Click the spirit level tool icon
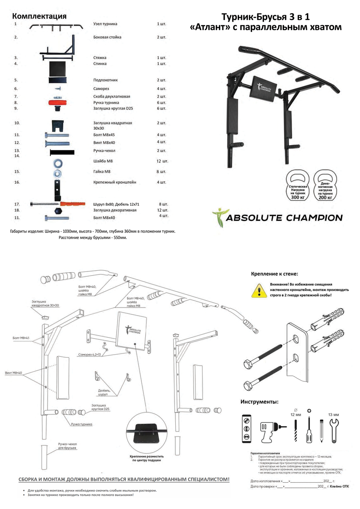[246, 428]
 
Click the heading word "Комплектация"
[39, 16]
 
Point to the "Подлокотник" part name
[105, 80]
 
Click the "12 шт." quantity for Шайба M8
[162, 161]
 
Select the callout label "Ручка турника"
[82, 424]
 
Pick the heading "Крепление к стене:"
[275, 274]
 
